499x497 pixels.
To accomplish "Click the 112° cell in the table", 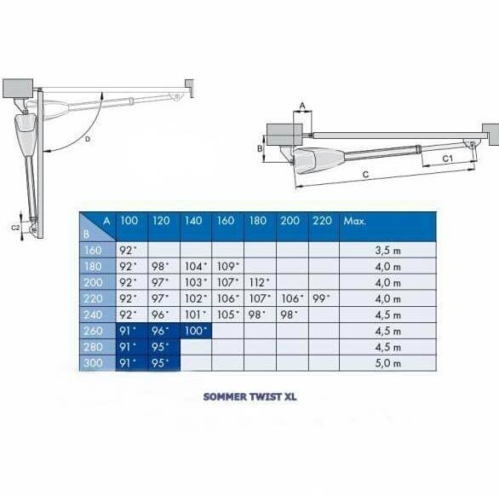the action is point(260,282).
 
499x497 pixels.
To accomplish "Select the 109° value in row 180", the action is point(228,266).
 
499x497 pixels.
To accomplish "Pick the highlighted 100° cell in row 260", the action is point(196,331).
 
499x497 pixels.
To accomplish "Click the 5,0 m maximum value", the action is point(387,363).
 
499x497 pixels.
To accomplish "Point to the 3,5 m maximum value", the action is point(387,251).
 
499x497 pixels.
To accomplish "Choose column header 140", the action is point(193,221).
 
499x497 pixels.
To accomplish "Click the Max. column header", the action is point(355,221).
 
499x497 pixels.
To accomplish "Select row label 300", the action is point(94,363).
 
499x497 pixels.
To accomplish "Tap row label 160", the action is point(93,251).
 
